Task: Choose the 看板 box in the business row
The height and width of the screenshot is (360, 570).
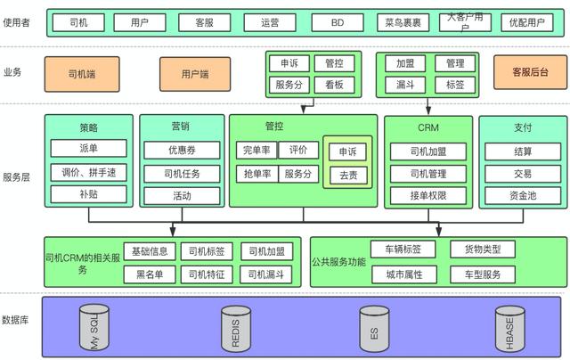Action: pos(334,86)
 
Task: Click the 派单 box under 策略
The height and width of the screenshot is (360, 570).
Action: pos(89,148)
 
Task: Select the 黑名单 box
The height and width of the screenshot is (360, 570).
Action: pos(150,274)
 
